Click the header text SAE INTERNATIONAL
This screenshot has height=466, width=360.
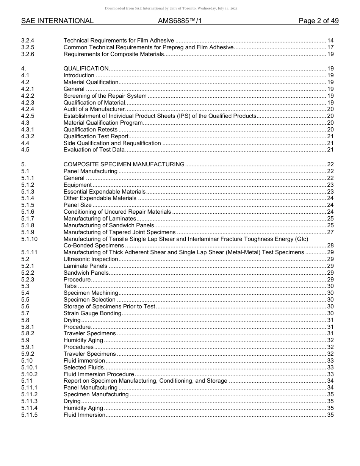coord(57,21)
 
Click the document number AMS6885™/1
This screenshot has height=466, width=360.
coord(179,21)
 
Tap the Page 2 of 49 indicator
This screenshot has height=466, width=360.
coord(318,21)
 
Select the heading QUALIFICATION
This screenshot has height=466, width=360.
coord(86,69)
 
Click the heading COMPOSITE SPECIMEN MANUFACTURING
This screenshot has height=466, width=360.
coord(124,164)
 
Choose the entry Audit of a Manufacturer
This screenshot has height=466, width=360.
coord(94,109)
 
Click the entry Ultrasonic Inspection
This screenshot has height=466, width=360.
coord(91,259)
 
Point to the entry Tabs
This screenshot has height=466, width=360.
coord(70,286)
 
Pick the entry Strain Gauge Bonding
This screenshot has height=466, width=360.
coord(92,313)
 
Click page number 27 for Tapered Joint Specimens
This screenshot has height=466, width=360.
coord(330,232)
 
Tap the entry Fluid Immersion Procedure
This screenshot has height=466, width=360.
coord(99,374)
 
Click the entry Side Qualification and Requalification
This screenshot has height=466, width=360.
coord(112,143)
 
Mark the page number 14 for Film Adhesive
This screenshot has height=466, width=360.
coord(330,41)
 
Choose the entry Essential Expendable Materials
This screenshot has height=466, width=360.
coord(105,192)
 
